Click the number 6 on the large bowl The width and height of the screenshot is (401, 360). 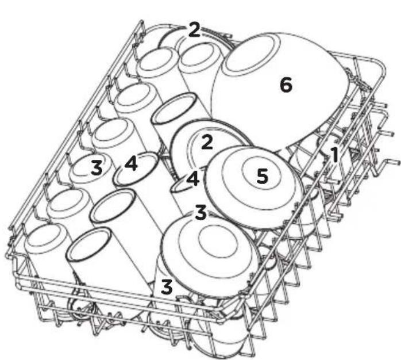coord(286,85)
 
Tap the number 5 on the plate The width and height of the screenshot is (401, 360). coord(263,176)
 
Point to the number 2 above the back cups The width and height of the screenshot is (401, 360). coord(194,30)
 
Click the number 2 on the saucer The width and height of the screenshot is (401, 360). coord(207,142)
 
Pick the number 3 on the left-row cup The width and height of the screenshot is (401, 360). coord(97,168)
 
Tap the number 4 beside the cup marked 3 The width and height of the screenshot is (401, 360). coord(131,164)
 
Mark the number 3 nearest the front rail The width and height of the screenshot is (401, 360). coord(167,287)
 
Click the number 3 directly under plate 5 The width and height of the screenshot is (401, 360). coord(200,212)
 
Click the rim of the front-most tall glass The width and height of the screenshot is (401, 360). coord(89,244)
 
